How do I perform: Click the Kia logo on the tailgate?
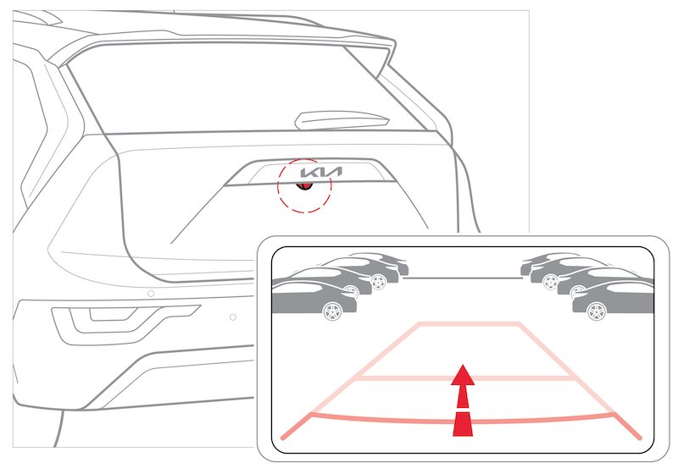click(x=321, y=173)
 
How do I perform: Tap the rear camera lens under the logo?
click(x=304, y=185)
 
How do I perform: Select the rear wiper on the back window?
click(x=342, y=120)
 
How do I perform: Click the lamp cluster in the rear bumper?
click(x=125, y=324)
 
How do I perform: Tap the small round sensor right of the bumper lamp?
click(x=232, y=317)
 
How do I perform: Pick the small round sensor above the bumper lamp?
click(x=151, y=294)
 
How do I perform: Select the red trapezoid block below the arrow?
click(x=463, y=424)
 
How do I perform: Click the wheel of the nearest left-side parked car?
click(x=332, y=311)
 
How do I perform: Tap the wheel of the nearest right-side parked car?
click(x=597, y=311)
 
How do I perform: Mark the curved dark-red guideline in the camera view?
click(x=463, y=420)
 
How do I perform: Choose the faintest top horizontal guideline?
click(x=470, y=324)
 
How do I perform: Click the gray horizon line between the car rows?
click(x=463, y=278)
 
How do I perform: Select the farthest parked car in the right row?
click(x=545, y=262)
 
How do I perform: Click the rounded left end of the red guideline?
click(x=283, y=438)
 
